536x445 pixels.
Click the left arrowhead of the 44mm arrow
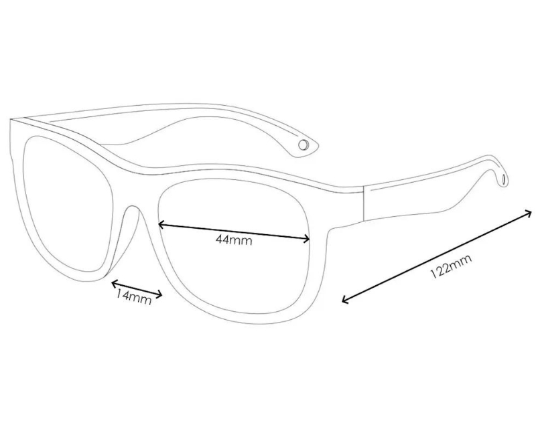point(159,225)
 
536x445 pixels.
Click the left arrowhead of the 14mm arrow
point(112,282)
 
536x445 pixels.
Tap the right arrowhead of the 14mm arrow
point(161,292)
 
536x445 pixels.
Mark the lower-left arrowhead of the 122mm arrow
point(344,301)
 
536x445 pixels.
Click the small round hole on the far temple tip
point(304,144)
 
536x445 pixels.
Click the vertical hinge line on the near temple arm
point(362,203)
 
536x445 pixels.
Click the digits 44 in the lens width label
point(224,240)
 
